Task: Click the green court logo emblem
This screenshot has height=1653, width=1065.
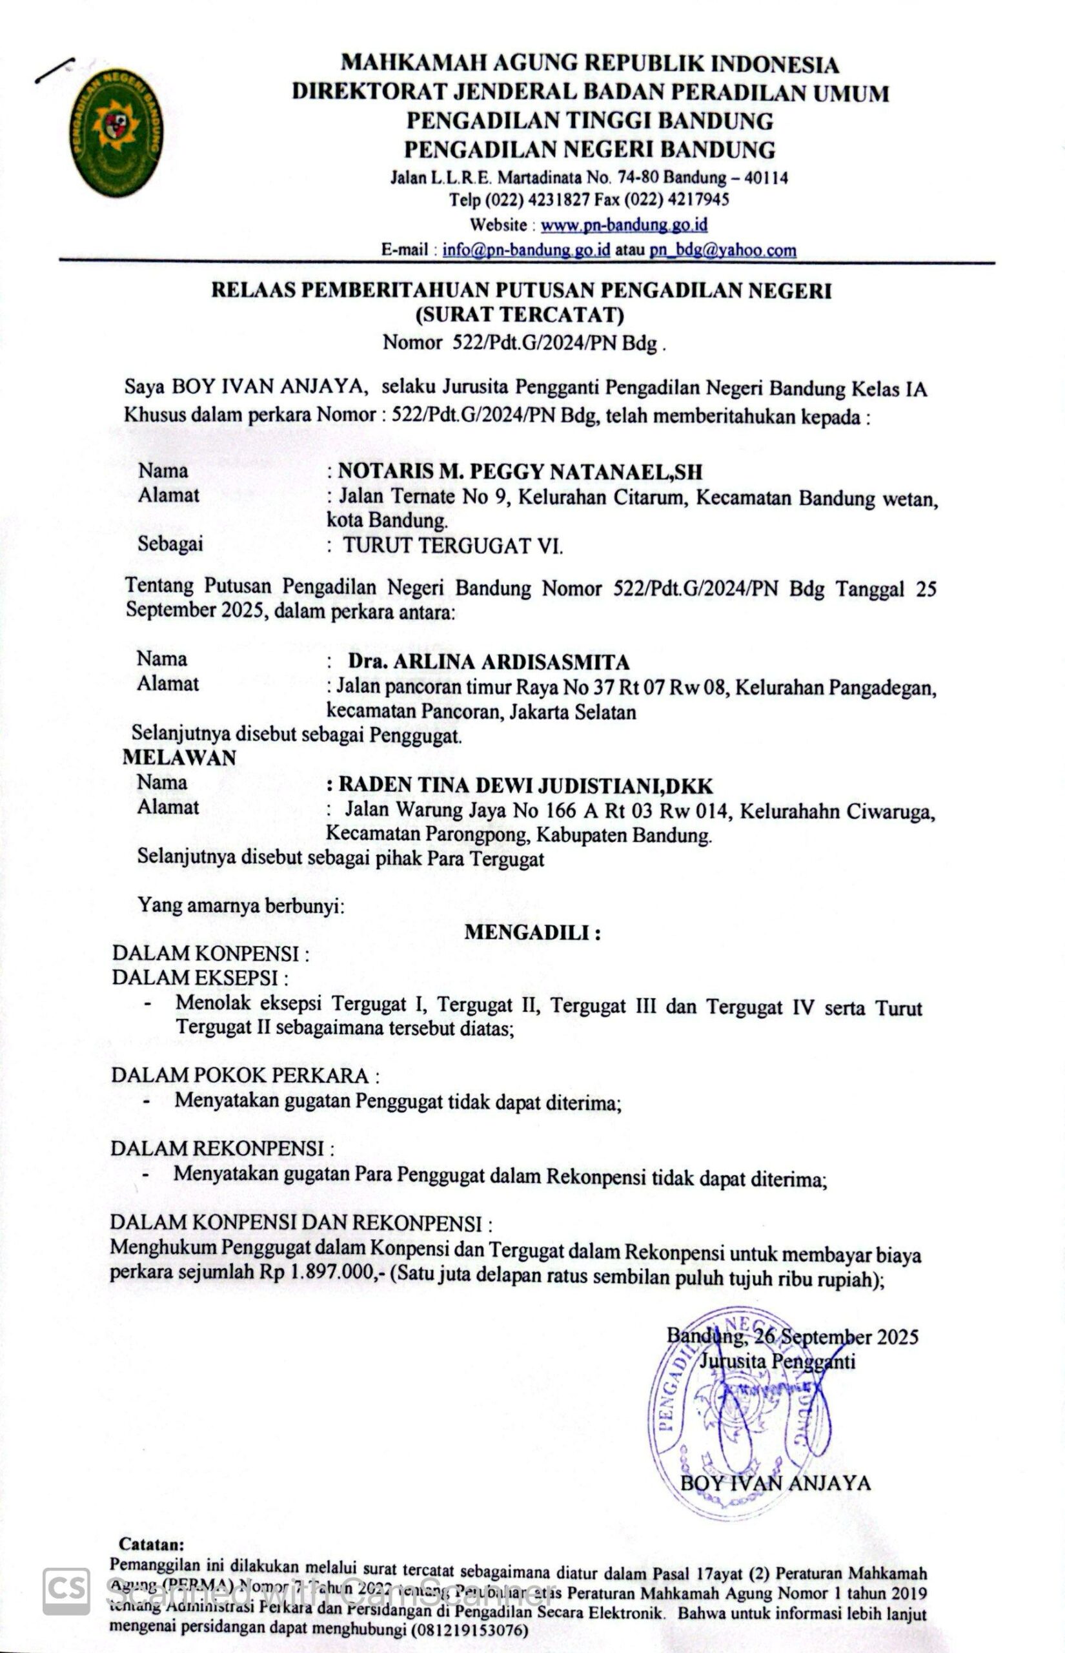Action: pos(116,132)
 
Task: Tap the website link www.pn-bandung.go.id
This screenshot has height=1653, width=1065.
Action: pos(623,225)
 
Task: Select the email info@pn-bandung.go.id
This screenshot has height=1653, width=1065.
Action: pos(525,250)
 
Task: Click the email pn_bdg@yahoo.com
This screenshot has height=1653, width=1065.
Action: pos(723,250)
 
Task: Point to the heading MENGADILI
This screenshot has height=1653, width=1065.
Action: pos(532,932)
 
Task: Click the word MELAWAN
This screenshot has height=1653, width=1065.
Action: pos(179,757)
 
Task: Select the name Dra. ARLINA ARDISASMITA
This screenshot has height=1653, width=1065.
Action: pos(488,662)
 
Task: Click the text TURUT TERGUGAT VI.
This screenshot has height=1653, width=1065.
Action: pos(453,546)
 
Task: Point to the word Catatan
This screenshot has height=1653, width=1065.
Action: pos(152,1544)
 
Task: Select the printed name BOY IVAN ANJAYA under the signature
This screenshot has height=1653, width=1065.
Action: pos(775,1483)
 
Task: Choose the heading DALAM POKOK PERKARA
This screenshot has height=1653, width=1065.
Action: pos(245,1076)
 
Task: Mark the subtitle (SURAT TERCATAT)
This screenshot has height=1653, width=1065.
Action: pos(520,315)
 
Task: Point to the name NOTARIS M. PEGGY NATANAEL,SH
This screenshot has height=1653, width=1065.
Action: pos(520,472)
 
